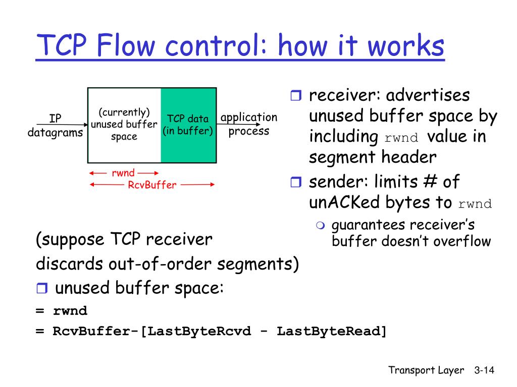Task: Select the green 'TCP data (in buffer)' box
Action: point(188,125)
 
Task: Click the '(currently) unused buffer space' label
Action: point(124,124)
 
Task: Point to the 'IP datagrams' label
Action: point(55,125)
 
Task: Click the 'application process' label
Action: point(249,124)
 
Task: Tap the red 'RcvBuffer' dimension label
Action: point(152,185)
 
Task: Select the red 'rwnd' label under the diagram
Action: point(123,173)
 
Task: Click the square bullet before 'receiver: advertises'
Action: point(295,96)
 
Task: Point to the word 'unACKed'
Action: point(344,203)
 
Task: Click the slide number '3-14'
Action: point(484,370)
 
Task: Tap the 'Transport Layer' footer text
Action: point(426,370)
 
